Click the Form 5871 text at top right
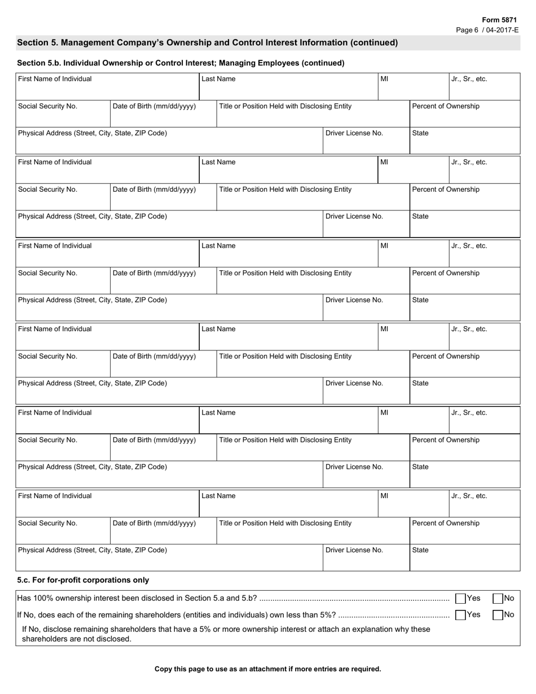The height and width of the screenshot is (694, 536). [x=499, y=20]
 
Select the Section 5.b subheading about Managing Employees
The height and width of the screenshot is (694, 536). [x=181, y=63]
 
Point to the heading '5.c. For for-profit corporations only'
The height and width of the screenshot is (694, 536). [x=83, y=580]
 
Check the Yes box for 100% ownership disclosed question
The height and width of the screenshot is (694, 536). [x=460, y=599]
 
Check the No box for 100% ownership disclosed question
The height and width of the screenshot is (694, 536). [x=498, y=599]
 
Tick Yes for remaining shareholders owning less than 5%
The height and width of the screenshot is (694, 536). [x=460, y=615]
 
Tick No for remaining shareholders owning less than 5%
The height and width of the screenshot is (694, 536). [x=498, y=615]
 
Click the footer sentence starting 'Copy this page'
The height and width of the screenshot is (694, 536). [x=267, y=669]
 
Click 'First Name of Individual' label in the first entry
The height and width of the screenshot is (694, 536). [x=55, y=79]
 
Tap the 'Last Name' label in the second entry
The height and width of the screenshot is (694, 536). [x=218, y=162]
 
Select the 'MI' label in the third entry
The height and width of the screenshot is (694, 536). [x=384, y=246]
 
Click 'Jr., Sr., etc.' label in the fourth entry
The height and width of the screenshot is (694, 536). [x=469, y=330]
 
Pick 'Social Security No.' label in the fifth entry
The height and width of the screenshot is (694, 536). [x=47, y=440]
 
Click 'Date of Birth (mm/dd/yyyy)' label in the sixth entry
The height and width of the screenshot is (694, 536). [x=154, y=523]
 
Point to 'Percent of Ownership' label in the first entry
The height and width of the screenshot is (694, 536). [x=446, y=107]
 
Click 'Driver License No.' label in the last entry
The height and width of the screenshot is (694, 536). [x=354, y=550]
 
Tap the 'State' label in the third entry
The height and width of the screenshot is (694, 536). [x=420, y=300]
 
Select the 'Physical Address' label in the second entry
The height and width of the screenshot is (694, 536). [x=93, y=217]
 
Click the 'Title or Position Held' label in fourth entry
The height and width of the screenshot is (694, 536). [x=285, y=357]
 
